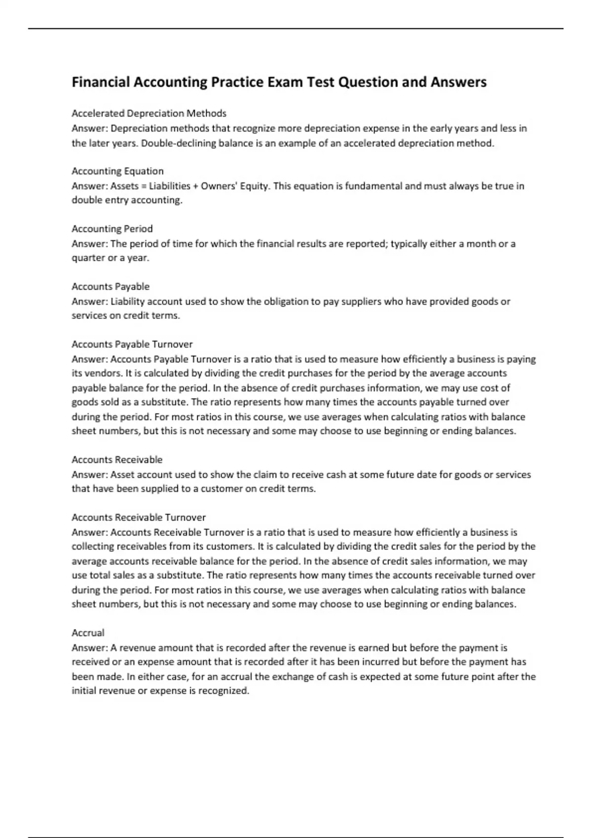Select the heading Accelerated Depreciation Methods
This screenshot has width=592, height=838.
point(149,113)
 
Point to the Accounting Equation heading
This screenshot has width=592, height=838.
point(117,171)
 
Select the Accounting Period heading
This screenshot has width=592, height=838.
point(112,229)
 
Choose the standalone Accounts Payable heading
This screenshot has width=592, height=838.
point(111,286)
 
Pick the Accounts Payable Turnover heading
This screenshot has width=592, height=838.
point(132,344)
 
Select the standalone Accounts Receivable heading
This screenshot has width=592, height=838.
point(117,459)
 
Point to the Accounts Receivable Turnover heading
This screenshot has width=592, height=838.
point(139,517)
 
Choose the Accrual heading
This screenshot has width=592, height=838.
point(88,632)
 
